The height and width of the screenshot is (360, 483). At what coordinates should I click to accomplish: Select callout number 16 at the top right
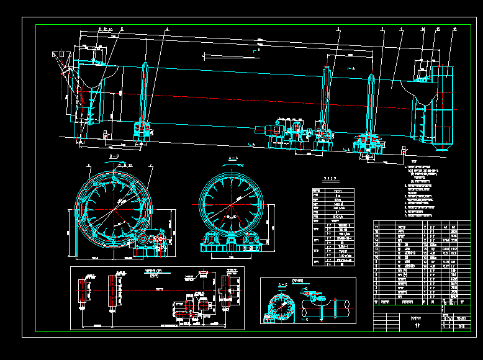[455, 29]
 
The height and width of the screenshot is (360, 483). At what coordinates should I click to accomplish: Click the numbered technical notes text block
[422, 189]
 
